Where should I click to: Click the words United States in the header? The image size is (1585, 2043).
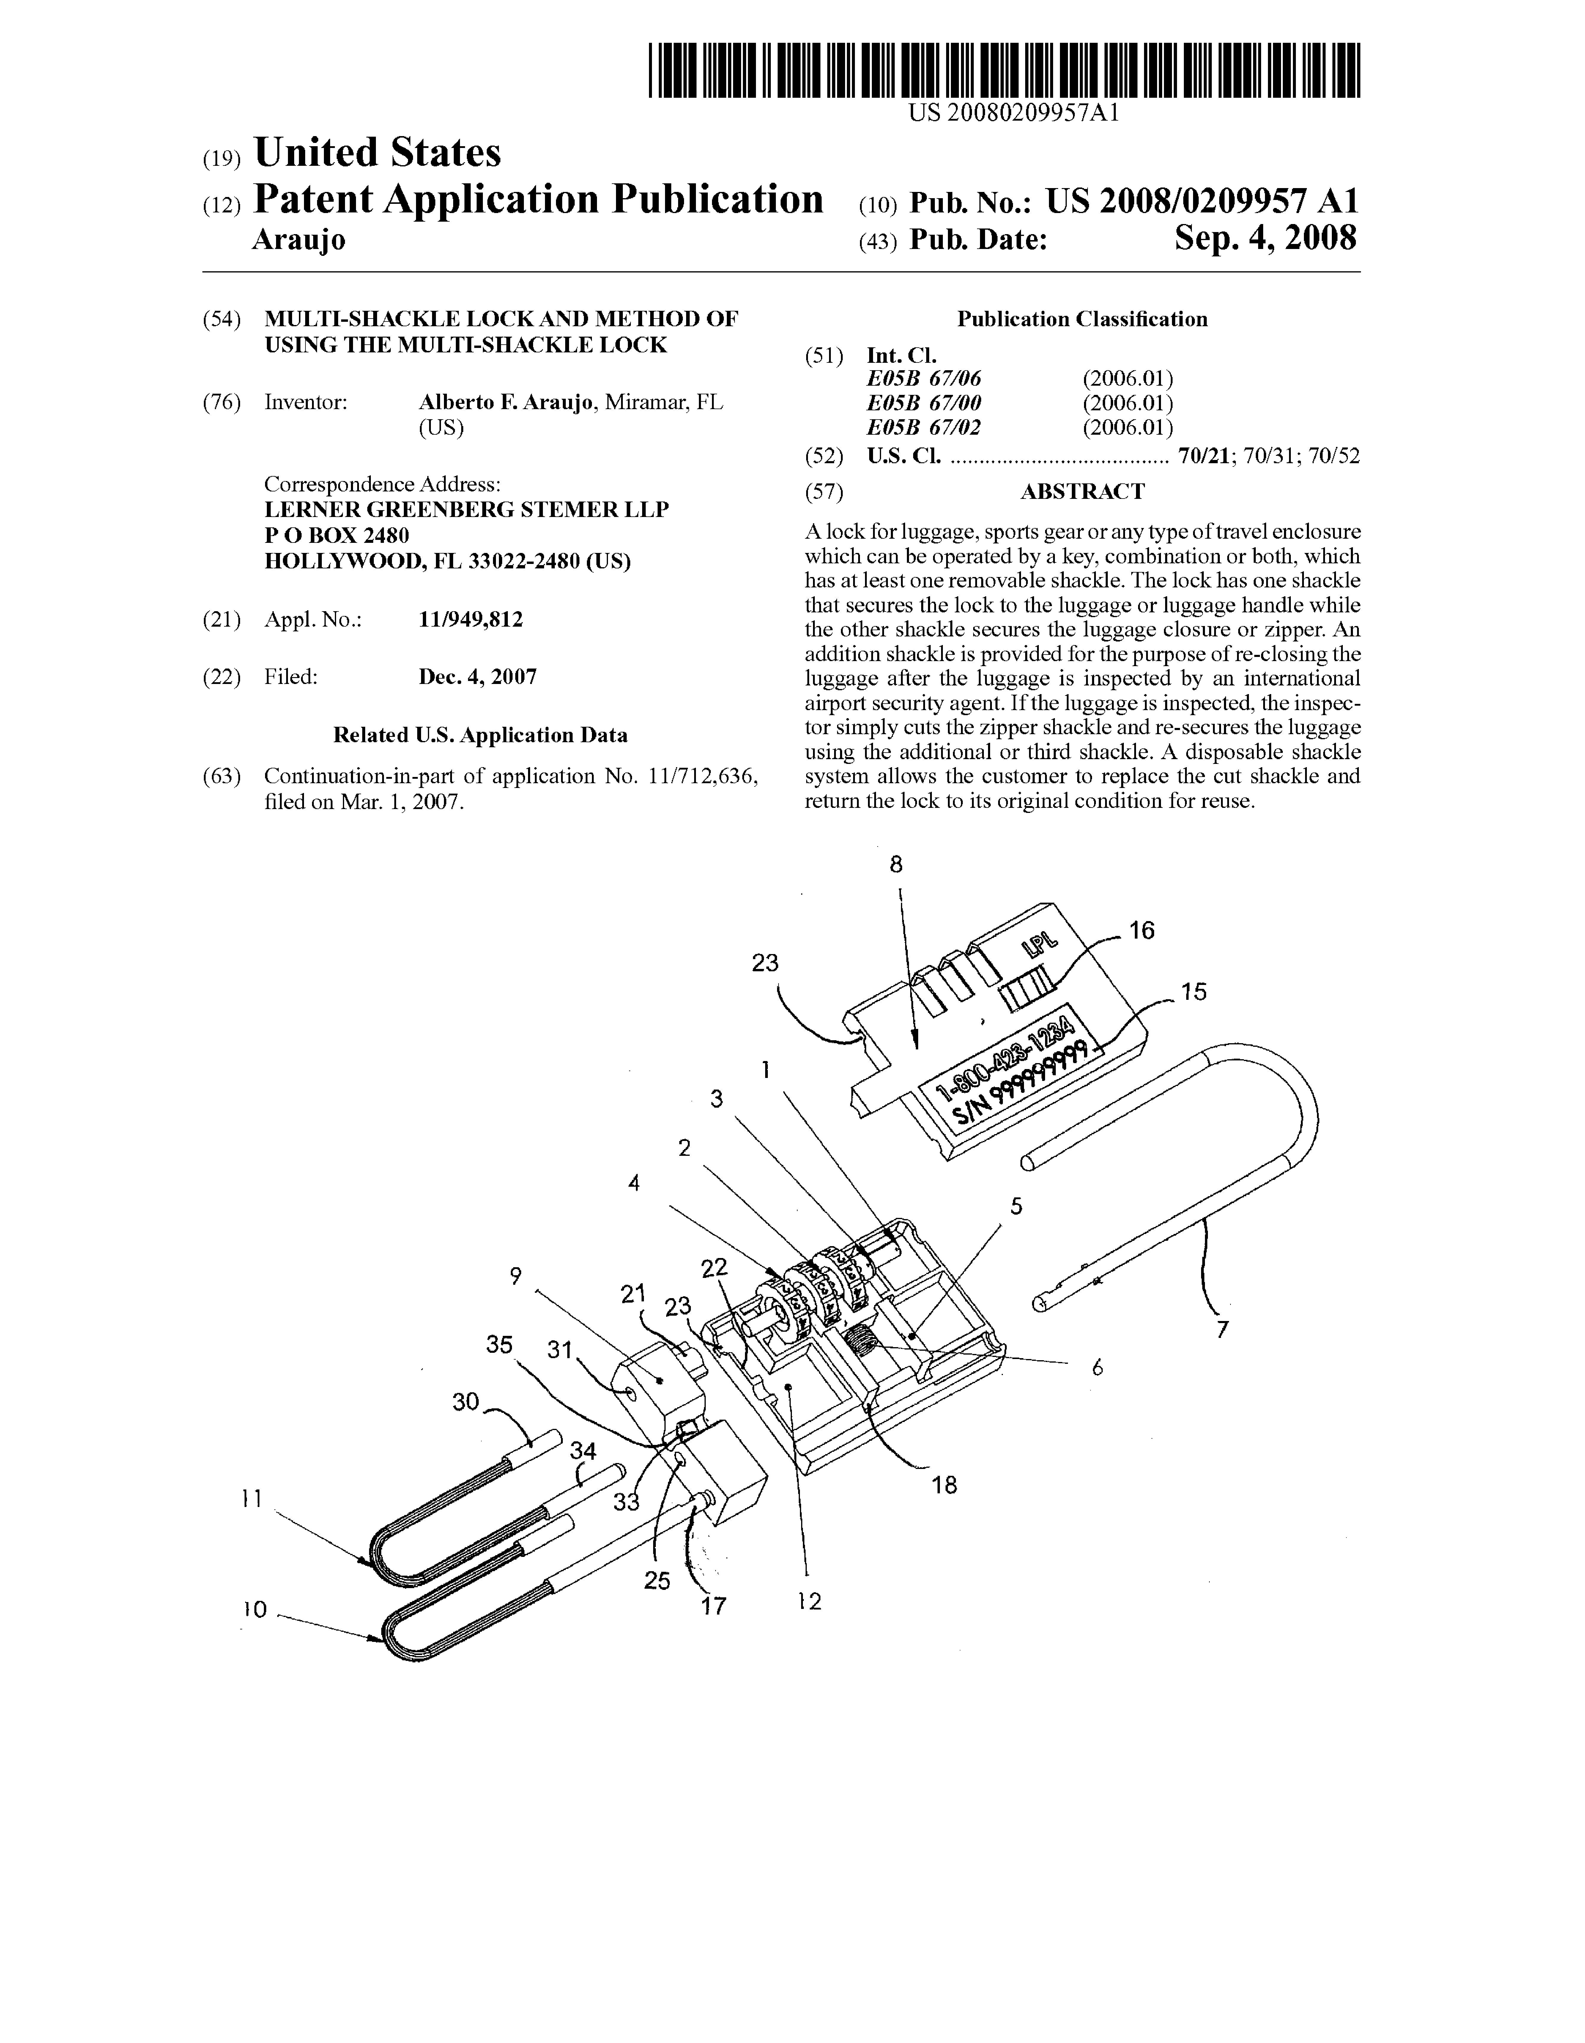pyautogui.click(x=377, y=152)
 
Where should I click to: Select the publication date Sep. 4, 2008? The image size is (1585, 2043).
pyautogui.click(x=1265, y=239)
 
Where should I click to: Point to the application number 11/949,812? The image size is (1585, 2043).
pyautogui.click(x=471, y=619)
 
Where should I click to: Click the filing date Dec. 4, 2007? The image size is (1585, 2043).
pyautogui.click(x=477, y=677)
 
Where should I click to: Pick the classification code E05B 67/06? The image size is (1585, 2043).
pyautogui.click(x=924, y=379)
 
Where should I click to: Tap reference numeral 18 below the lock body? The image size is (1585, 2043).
pyautogui.click(x=944, y=1484)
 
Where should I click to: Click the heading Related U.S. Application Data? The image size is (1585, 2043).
pyautogui.click(x=480, y=735)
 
